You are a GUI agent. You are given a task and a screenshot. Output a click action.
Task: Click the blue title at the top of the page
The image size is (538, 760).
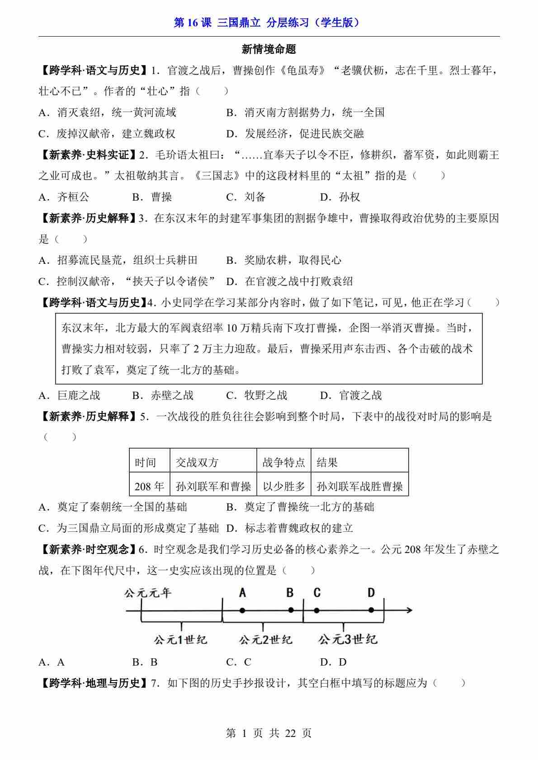coord(269,23)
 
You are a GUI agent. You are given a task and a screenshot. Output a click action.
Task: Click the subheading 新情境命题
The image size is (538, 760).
coord(269,49)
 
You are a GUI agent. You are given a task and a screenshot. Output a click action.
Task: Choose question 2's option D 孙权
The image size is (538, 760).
coord(340,197)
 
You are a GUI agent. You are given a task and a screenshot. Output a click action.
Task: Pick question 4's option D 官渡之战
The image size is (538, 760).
coord(351,395)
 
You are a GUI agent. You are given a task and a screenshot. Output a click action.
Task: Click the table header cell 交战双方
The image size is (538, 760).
coord(197,462)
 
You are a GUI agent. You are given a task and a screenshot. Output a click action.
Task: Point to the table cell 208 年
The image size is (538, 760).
coord(149,486)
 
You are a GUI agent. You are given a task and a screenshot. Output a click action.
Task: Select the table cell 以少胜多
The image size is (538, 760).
coord(283,486)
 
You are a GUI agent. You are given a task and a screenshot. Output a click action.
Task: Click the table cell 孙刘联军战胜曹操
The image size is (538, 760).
coord(359,486)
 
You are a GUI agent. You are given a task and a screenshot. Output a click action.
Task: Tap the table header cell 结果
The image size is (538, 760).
coord(327,462)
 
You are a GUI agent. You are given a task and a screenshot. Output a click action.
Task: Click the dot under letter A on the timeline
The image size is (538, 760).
coord(242,610)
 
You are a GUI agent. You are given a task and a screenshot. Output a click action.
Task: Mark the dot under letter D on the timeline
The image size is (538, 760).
coord(371,610)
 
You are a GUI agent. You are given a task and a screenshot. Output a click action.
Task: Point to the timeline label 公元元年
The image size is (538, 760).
coord(147,592)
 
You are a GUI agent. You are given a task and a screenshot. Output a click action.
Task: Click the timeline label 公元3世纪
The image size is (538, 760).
coord(347,639)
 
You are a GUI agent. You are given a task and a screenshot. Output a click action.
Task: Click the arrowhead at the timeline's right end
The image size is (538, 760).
coord(409,610)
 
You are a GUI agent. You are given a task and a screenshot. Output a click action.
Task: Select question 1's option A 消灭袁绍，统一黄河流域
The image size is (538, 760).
coord(108,113)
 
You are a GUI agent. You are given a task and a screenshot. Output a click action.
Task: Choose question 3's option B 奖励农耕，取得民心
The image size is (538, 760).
coord(284,260)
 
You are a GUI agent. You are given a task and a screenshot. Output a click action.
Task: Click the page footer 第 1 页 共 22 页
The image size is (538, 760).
coord(269,733)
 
